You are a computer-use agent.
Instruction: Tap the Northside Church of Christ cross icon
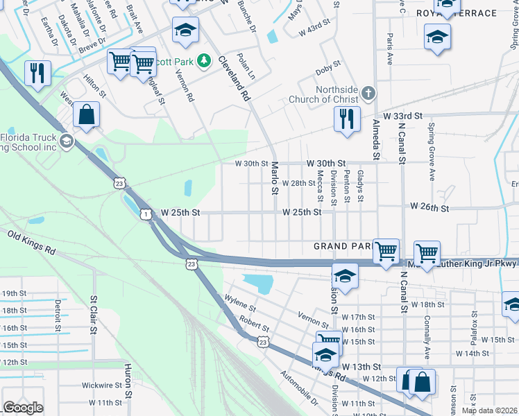click(368, 92)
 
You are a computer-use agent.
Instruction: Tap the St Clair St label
click(93, 314)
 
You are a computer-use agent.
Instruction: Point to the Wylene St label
click(240, 303)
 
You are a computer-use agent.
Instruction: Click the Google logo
click(23, 408)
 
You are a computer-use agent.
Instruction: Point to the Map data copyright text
click(489, 410)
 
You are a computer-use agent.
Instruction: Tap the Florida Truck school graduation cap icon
click(67, 141)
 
